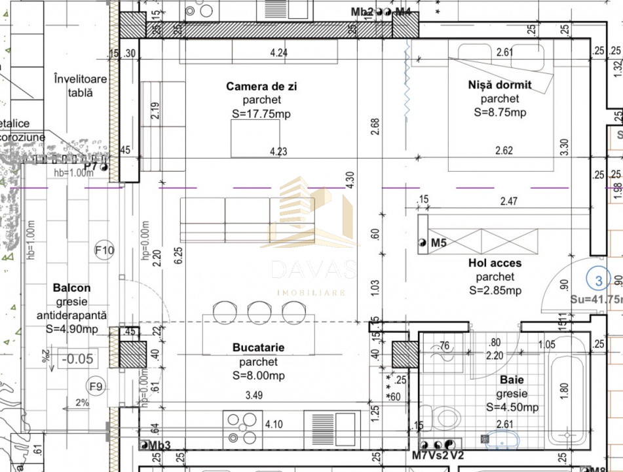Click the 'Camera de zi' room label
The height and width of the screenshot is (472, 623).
(257, 87)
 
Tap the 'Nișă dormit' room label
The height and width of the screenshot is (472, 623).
(499, 85)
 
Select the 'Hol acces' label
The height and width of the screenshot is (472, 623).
(495, 263)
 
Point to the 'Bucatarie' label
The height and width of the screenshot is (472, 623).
(257, 347)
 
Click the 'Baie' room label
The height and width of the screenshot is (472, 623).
(512, 380)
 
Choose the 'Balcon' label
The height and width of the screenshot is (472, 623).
(71, 288)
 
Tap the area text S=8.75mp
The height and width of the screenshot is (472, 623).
(499, 112)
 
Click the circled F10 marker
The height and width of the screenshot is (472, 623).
(104, 250)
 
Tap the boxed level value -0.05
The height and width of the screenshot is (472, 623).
(77, 359)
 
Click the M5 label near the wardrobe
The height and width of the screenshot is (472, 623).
(438, 243)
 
